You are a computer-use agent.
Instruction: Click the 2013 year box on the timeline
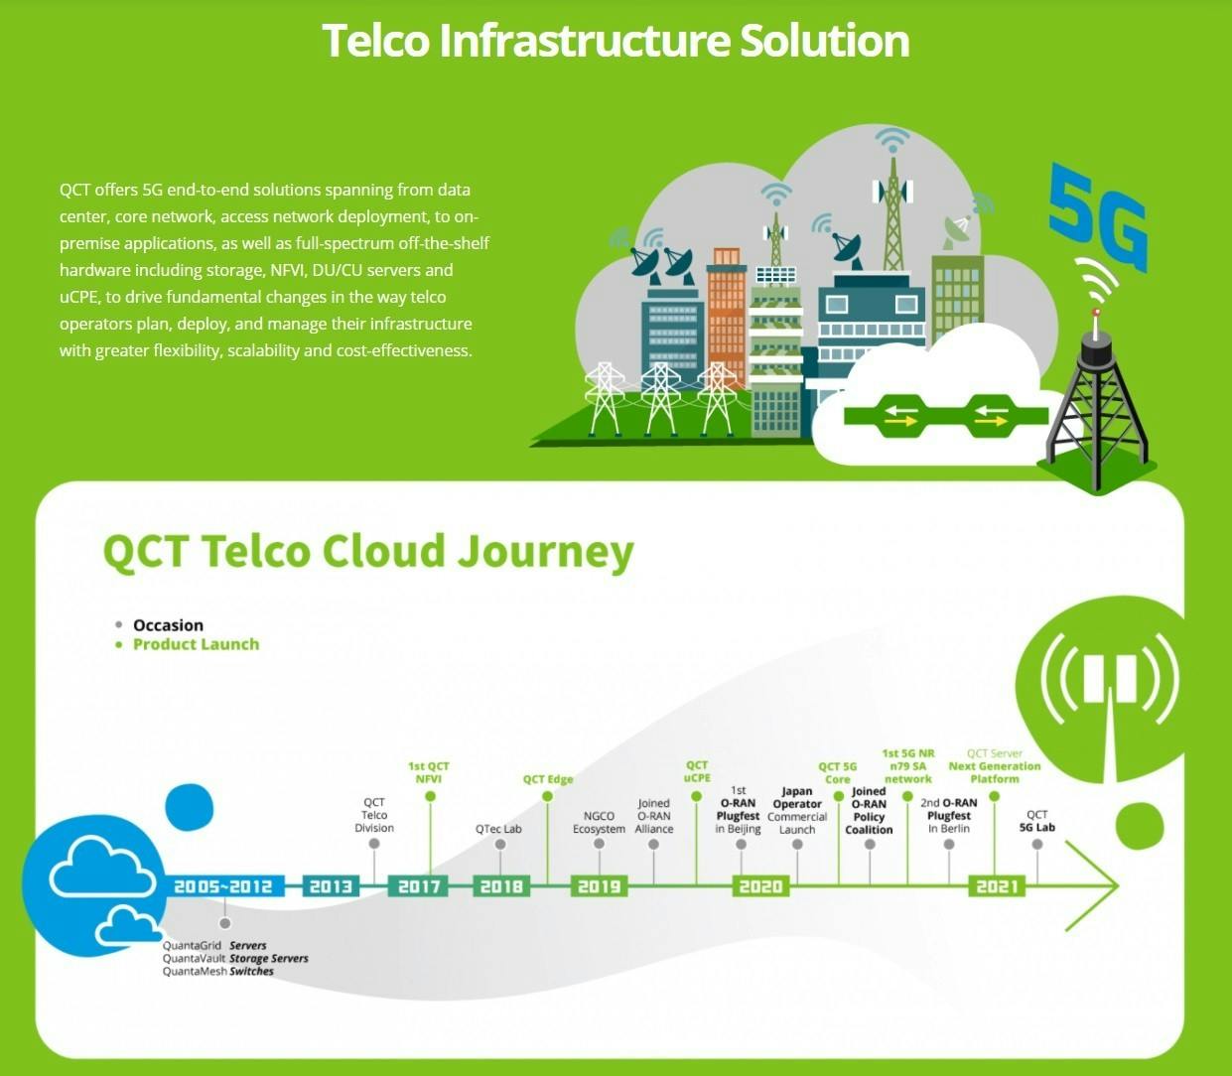pos(331,886)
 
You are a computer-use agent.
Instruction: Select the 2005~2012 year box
pos(223,886)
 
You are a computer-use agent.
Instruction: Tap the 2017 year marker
pos(419,886)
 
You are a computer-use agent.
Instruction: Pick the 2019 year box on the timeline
pos(599,886)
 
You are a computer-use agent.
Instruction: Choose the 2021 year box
pos(997,886)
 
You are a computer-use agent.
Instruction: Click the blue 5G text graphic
pos(1098,219)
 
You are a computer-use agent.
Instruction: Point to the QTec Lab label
pos(498,829)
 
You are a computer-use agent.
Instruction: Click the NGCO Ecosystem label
pos(599,822)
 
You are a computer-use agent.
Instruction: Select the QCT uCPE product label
pos(697,771)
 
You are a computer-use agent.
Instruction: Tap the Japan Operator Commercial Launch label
pos(797,811)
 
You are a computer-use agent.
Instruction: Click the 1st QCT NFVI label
pos(429,772)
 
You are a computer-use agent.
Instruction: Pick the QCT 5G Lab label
pos(1036,821)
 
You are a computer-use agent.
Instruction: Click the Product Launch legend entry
pos(196,644)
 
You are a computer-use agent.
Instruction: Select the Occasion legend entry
pos(168,625)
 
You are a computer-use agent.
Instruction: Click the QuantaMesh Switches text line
pos(218,972)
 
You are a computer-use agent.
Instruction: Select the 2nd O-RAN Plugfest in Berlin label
pos(949,815)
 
